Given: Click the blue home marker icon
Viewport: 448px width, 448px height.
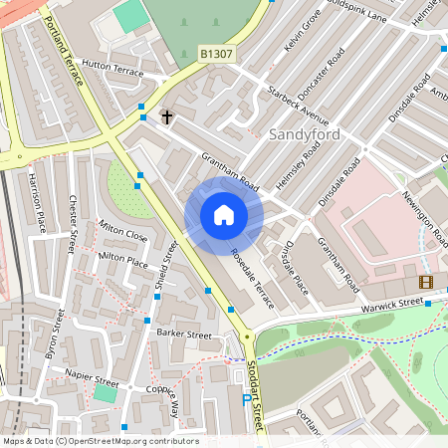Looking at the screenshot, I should click(224, 214).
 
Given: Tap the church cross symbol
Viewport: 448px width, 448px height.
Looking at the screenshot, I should click(167, 117).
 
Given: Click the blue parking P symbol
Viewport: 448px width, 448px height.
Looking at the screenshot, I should click(247, 400).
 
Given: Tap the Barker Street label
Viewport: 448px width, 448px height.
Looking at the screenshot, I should click(184, 336).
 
